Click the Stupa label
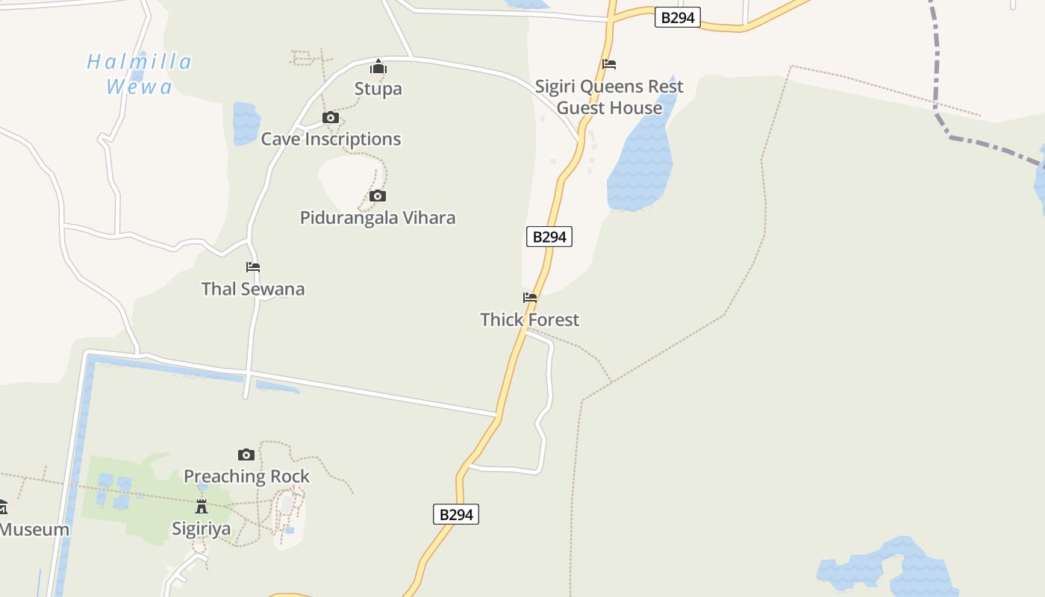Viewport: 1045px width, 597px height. coord(378,89)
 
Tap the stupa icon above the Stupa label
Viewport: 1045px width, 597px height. coord(378,67)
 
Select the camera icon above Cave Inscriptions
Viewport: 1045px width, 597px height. coord(331,118)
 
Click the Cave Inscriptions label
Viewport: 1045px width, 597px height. coord(331,139)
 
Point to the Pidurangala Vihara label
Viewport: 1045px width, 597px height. coord(378,218)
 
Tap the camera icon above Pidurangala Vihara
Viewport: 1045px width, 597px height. coord(378,196)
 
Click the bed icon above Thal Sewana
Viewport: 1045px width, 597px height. coord(253,267)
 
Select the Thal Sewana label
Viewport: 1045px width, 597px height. coord(253,289)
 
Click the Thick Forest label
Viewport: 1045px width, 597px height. coord(529,319)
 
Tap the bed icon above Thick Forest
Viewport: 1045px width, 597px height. coord(530,298)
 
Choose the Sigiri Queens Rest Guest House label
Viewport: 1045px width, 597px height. coord(609,97)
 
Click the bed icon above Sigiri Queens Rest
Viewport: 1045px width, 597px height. coord(609,64)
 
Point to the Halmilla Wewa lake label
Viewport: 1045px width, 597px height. coord(140,74)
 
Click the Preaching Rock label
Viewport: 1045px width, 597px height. coord(246,476)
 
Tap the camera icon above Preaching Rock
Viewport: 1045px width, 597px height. coord(246,454)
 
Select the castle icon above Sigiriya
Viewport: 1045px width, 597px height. coord(202,507)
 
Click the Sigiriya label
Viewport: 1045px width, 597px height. coord(202,528)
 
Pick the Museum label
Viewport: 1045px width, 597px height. coord(34,530)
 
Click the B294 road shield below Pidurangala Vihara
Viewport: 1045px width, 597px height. coord(549,237)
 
